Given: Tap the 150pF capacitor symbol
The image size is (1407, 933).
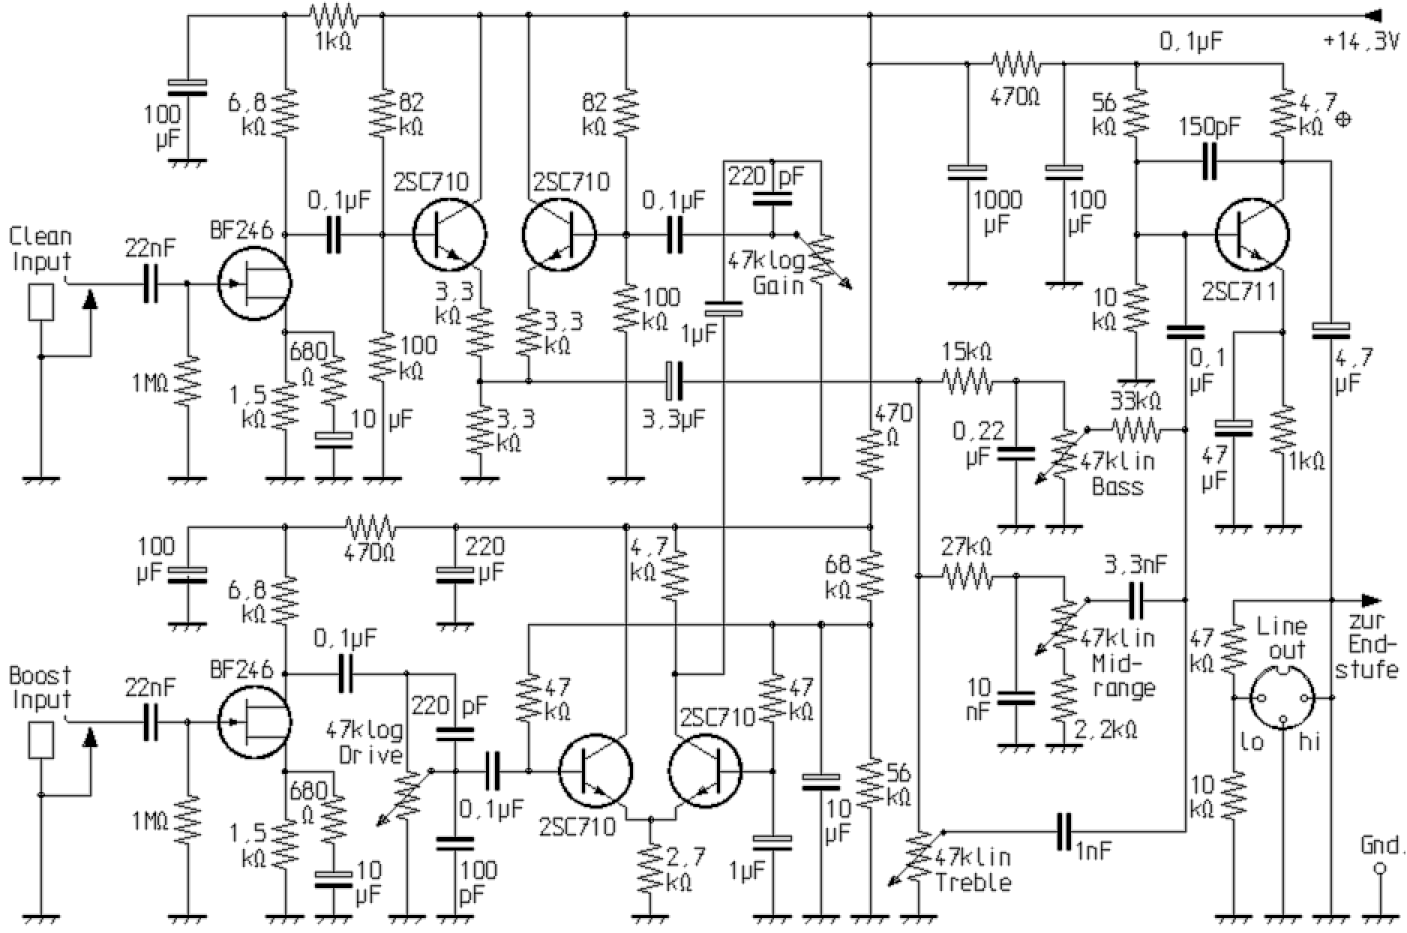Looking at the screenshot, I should [1209, 161].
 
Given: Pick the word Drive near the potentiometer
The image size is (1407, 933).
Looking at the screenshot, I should [371, 754].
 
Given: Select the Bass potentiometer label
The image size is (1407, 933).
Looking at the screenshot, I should [1117, 487].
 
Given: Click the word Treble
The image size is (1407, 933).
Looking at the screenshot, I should [973, 883].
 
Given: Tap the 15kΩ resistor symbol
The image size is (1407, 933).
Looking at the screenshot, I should [967, 382].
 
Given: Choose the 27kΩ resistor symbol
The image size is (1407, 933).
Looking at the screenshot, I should [967, 577].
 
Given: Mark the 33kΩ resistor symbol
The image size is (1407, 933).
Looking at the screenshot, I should [1135, 430].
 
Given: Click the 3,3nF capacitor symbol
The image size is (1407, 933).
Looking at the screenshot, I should [1135, 600].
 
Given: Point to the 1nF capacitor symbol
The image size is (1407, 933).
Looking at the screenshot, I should [1063, 831].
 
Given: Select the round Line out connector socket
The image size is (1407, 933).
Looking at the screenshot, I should [1283, 698].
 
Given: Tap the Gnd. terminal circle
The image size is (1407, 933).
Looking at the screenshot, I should [1378, 870].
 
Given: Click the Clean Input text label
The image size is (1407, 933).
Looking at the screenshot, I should [40, 249].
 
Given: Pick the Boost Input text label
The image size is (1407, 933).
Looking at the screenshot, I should [40, 688].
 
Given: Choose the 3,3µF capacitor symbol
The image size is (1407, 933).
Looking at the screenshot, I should [675, 381].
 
